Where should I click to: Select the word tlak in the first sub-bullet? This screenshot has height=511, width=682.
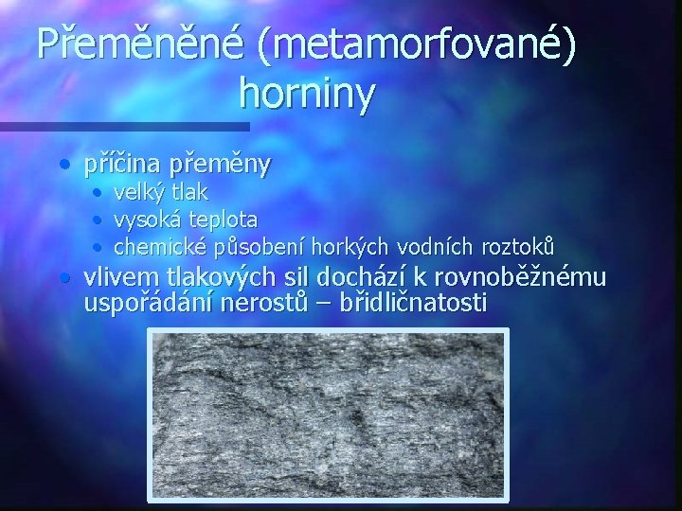(188, 193)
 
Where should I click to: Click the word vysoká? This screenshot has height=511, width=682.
(145, 220)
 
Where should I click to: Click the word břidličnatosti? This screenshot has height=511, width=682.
(407, 304)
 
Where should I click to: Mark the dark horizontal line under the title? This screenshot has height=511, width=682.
(123, 126)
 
